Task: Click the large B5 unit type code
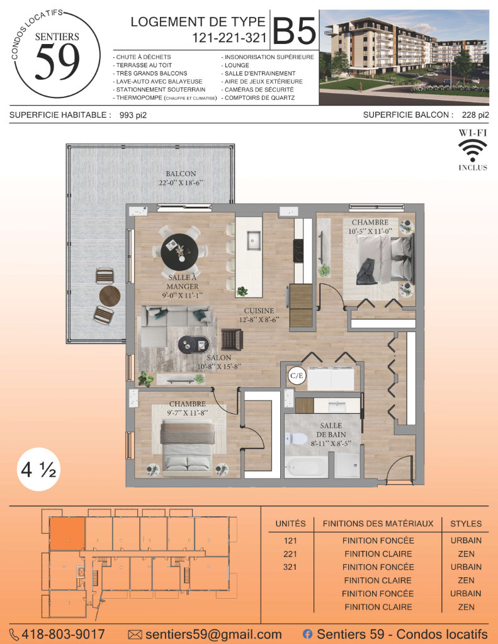tap(295, 30)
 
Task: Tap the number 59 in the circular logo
tap(57, 62)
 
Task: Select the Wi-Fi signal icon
tap(473, 150)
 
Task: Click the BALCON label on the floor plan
tap(181, 174)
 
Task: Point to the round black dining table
tap(179, 250)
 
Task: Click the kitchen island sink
tap(254, 241)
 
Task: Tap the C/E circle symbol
tap(297, 375)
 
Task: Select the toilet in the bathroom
tap(296, 438)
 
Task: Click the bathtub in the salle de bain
tap(306, 467)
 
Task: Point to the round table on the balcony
tap(110, 296)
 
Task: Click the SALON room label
tap(218, 358)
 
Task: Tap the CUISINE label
tap(259, 311)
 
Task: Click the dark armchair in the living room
tap(232, 340)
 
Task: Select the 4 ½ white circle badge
tap(38, 469)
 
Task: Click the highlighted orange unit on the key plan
tap(67, 534)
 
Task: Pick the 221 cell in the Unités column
tap(290, 554)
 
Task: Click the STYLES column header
tap(466, 524)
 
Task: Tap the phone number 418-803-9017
tap(63, 634)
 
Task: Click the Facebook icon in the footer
tap(307, 634)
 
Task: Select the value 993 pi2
tap(133, 116)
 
